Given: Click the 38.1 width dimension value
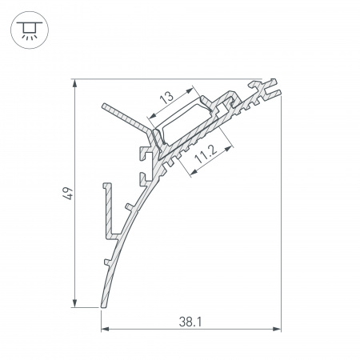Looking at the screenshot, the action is (x=190, y=322).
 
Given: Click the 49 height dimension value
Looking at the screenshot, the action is (x=68, y=194).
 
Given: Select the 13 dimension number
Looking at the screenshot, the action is (x=166, y=98).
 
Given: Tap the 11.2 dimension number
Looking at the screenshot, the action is (x=206, y=155).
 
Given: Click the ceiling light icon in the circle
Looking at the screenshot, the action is (x=30, y=30).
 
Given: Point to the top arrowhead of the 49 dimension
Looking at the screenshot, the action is (x=74, y=83).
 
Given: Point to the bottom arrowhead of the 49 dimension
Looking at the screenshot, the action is (x=74, y=303).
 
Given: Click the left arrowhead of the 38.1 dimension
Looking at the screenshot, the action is (x=105, y=329).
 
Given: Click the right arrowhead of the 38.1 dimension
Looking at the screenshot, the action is (x=277, y=329).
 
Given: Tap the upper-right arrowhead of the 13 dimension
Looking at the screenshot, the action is (x=190, y=90).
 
